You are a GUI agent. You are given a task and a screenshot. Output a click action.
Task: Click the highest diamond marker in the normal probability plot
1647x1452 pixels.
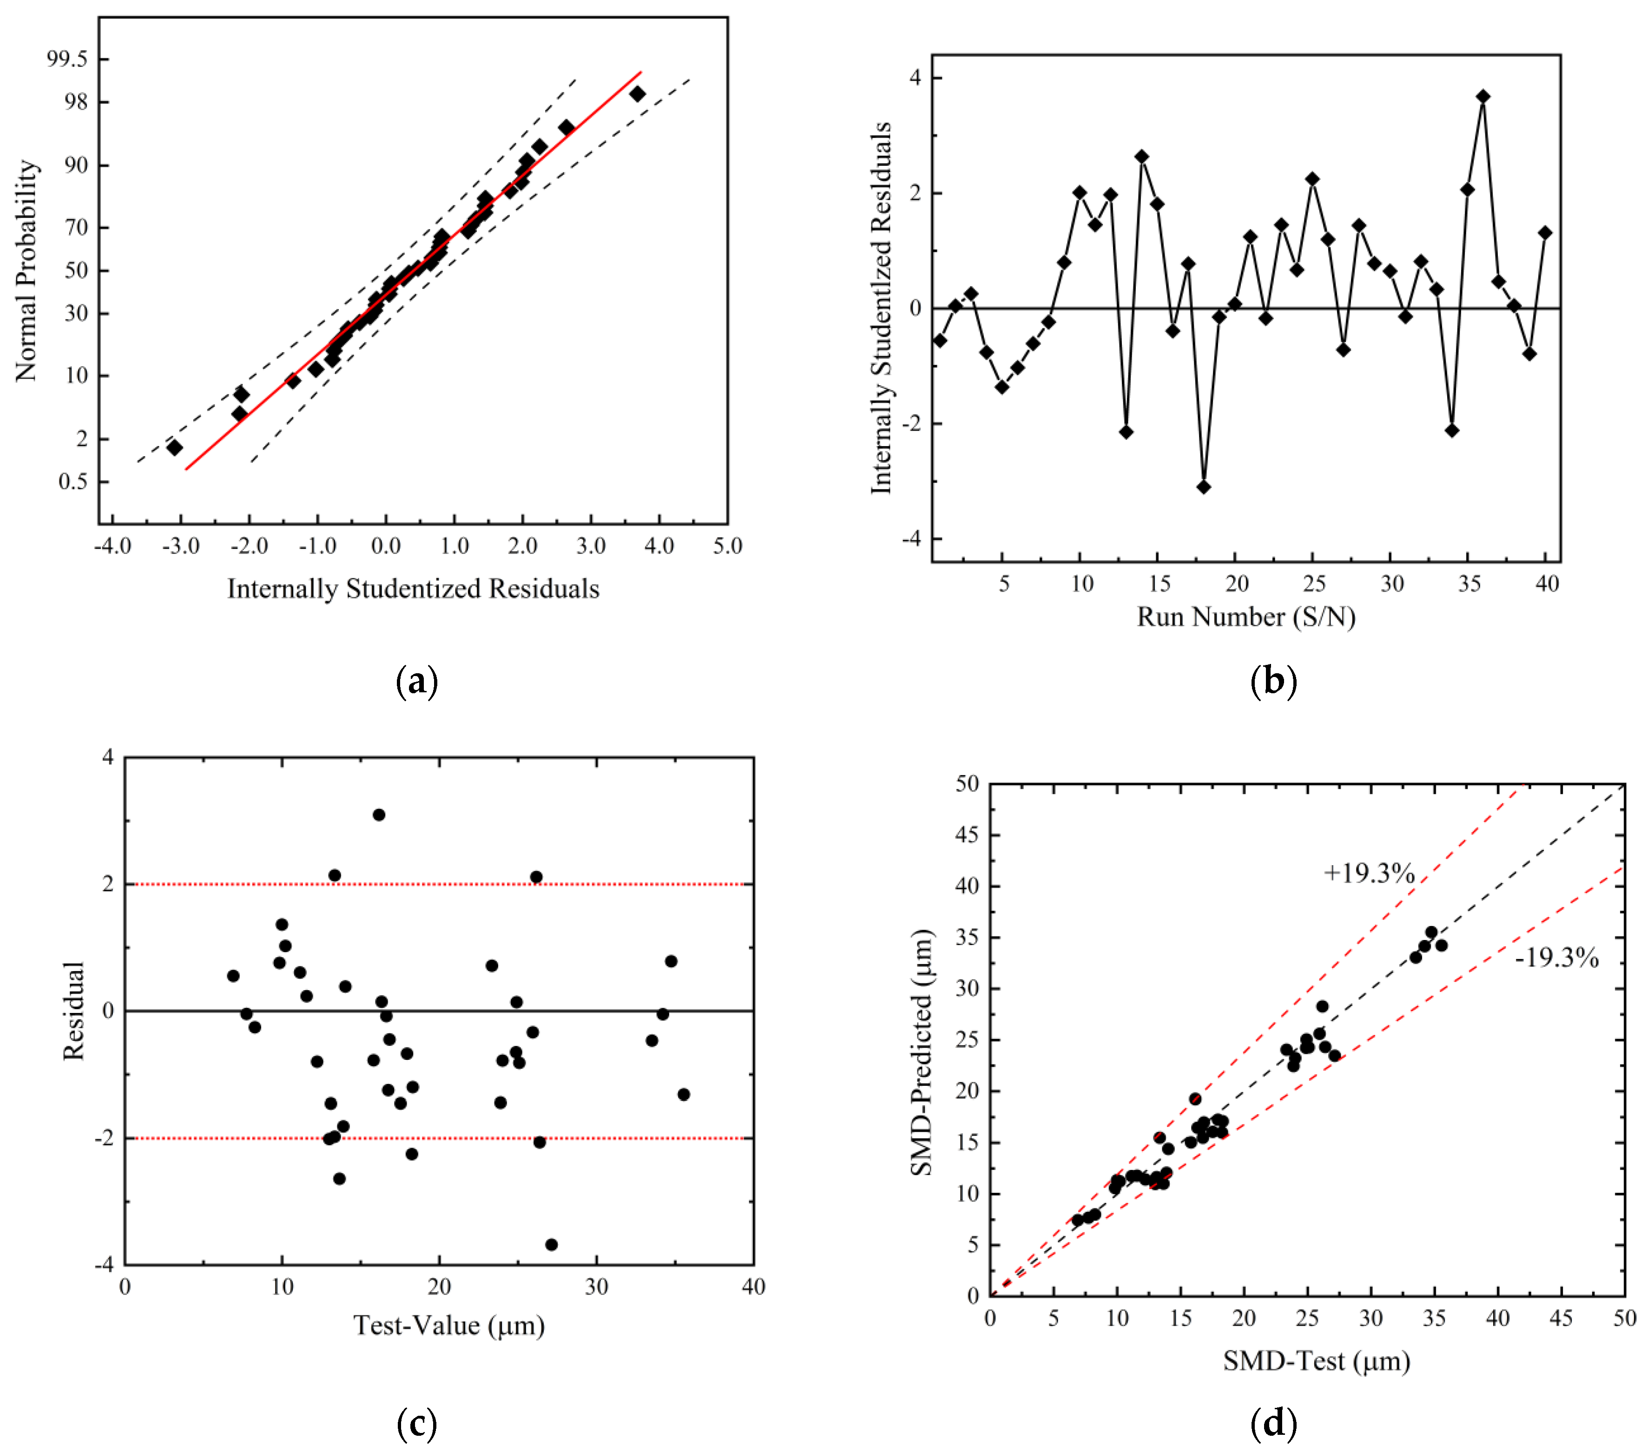tap(637, 94)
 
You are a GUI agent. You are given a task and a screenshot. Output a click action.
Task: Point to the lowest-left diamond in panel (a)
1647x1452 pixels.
tap(174, 447)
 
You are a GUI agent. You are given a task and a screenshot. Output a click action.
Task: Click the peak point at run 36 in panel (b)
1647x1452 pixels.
tap(1482, 97)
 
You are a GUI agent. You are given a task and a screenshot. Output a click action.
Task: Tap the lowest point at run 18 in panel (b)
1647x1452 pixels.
tap(1204, 486)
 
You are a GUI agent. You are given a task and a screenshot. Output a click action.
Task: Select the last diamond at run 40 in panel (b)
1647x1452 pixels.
tap(1545, 233)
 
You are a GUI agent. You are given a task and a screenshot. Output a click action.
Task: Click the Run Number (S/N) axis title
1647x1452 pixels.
tap(1246, 617)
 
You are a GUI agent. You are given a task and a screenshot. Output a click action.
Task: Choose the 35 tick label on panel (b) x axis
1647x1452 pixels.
tap(1469, 584)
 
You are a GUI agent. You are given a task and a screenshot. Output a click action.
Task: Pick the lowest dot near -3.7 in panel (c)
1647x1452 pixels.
tap(551, 1244)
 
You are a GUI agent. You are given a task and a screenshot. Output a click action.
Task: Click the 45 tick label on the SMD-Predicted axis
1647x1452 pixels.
tap(966, 835)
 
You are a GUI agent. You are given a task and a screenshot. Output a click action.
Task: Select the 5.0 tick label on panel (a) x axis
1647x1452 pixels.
tap(727, 546)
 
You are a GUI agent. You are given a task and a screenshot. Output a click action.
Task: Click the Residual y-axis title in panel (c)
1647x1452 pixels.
tap(73, 1011)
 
